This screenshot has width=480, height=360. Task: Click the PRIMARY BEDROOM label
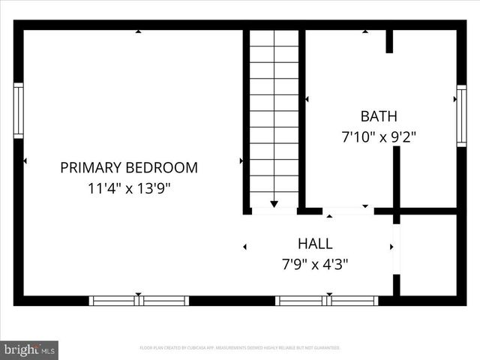(129, 167)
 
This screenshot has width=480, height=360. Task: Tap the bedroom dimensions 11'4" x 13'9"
(129, 188)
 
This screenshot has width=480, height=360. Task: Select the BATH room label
(379, 116)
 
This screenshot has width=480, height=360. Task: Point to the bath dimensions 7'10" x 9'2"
(379, 137)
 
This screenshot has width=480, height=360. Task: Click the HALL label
(315, 244)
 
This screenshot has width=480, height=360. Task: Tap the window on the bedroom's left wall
(19, 111)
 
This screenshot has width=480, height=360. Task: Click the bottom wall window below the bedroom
(139, 301)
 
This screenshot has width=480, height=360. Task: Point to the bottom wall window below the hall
(326, 301)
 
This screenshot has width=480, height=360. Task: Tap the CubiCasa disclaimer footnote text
(240, 348)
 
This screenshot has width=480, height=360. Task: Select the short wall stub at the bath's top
(389, 41)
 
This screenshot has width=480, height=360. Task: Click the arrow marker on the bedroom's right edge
(241, 160)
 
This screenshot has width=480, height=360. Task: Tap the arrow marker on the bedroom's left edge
(25, 160)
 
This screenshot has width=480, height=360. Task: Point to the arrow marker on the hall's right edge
(391, 246)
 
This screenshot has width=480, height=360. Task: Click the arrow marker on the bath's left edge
(306, 98)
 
